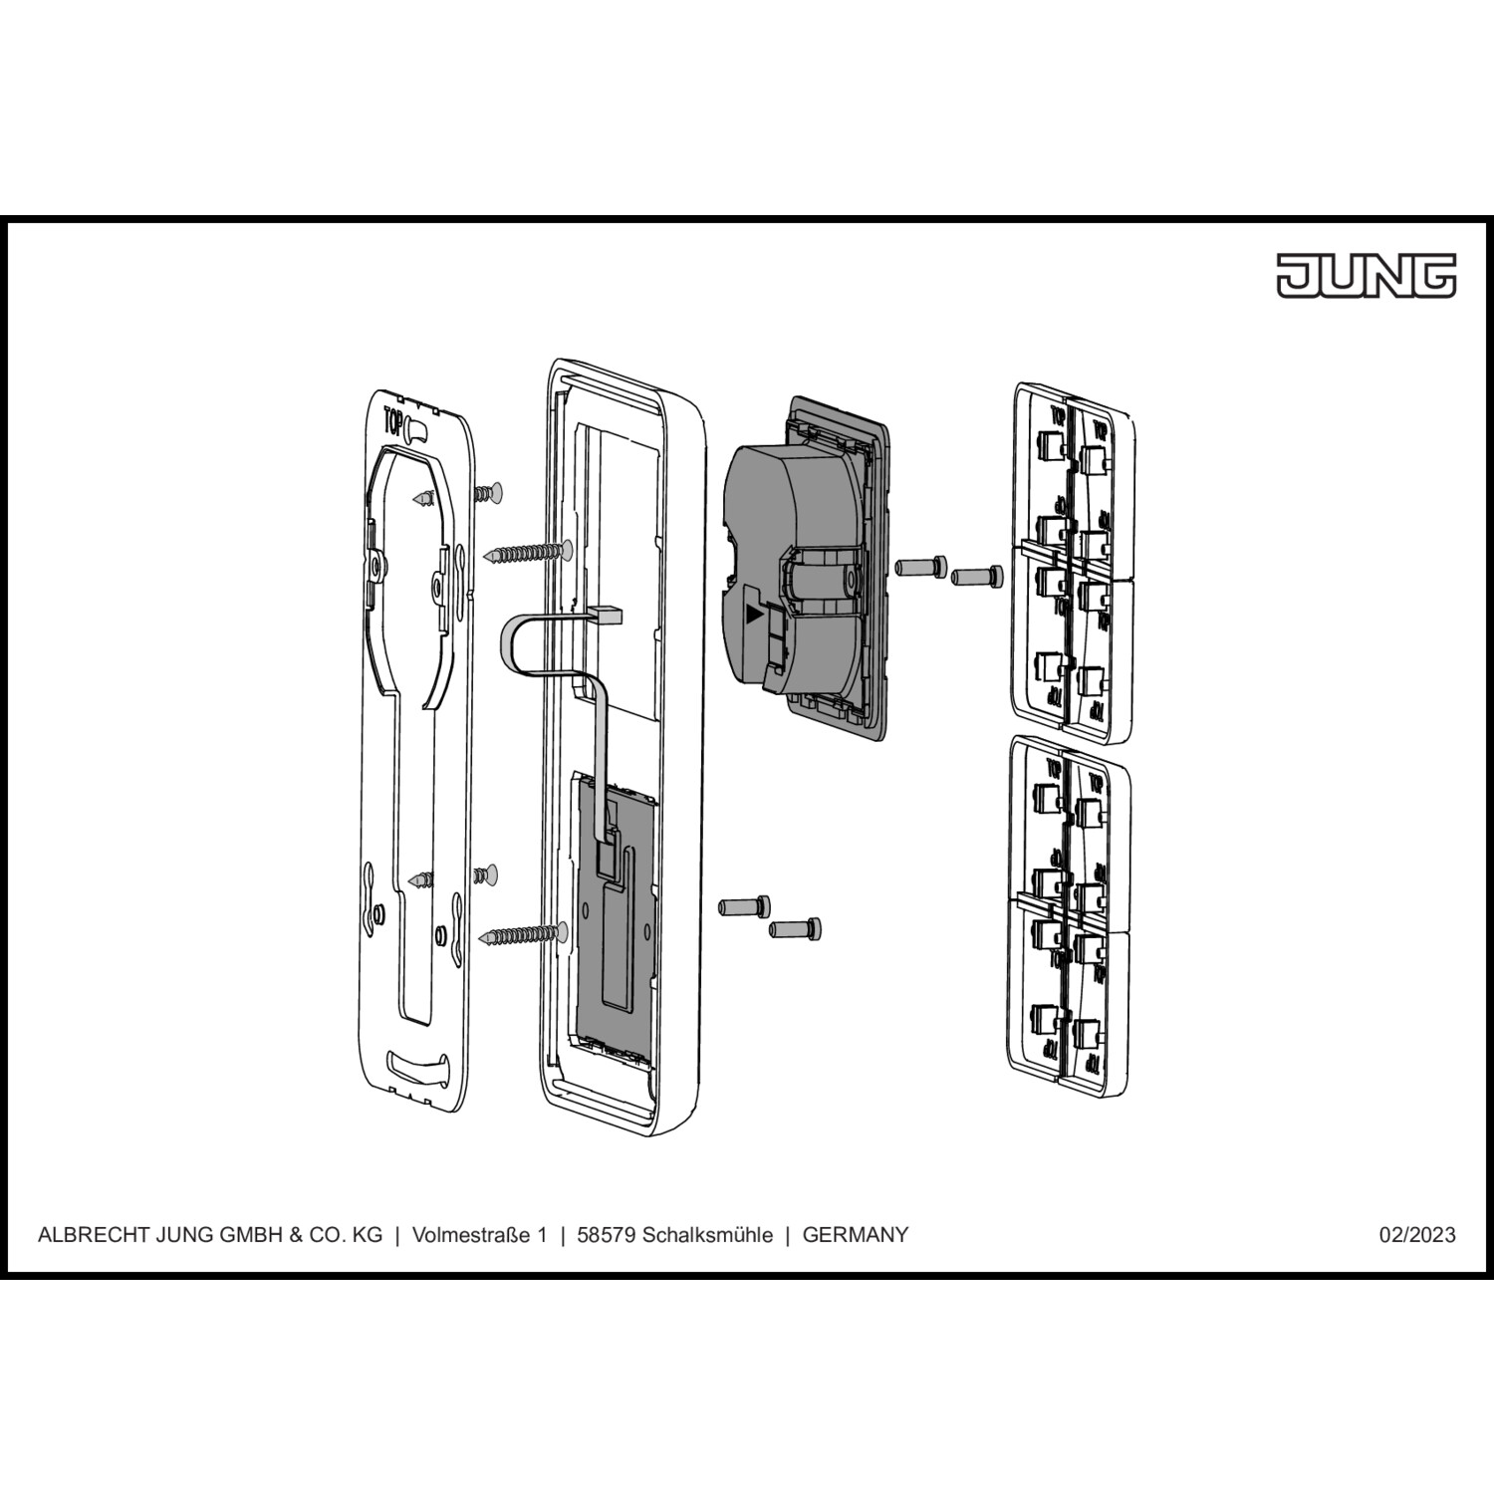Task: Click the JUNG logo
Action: (x=1367, y=275)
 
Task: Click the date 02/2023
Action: (x=1417, y=1235)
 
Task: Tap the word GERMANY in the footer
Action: (x=856, y=1235)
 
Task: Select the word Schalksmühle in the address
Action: (x=707, y=1235)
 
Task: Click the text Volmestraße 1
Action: (x=480, y=1235)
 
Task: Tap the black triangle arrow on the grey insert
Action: (x=755, y=615)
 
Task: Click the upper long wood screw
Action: (x=527, y=551)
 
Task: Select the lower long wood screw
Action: (x=523, y=934)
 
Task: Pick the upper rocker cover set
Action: (x=1072, y=563)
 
